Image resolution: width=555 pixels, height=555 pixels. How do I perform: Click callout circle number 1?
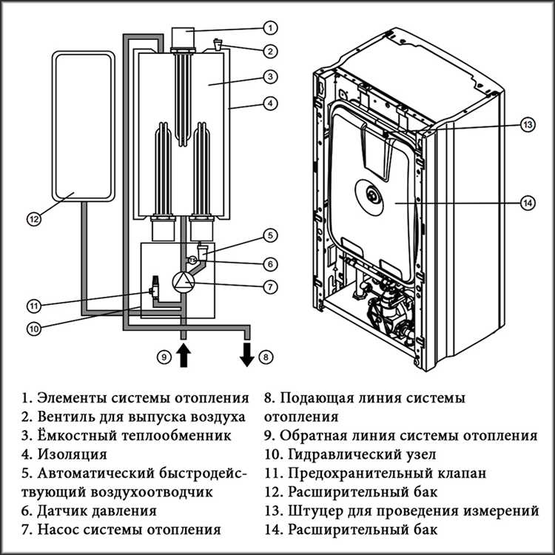[271, 28]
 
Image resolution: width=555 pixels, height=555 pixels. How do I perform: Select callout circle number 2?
[271, 52]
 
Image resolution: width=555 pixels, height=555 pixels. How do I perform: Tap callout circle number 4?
[271, 104]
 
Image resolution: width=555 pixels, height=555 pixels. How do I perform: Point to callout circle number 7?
[271, 285]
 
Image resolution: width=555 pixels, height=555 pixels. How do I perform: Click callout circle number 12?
[33, 218]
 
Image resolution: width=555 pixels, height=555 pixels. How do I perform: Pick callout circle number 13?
[527, 125]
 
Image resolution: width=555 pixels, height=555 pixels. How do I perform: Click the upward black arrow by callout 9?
[182, 356]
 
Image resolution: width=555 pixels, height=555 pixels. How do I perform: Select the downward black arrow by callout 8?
[246, 356]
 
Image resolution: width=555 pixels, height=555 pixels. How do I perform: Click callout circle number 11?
[33, 305]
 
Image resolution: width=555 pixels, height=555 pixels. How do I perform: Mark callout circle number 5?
[271, 236]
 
